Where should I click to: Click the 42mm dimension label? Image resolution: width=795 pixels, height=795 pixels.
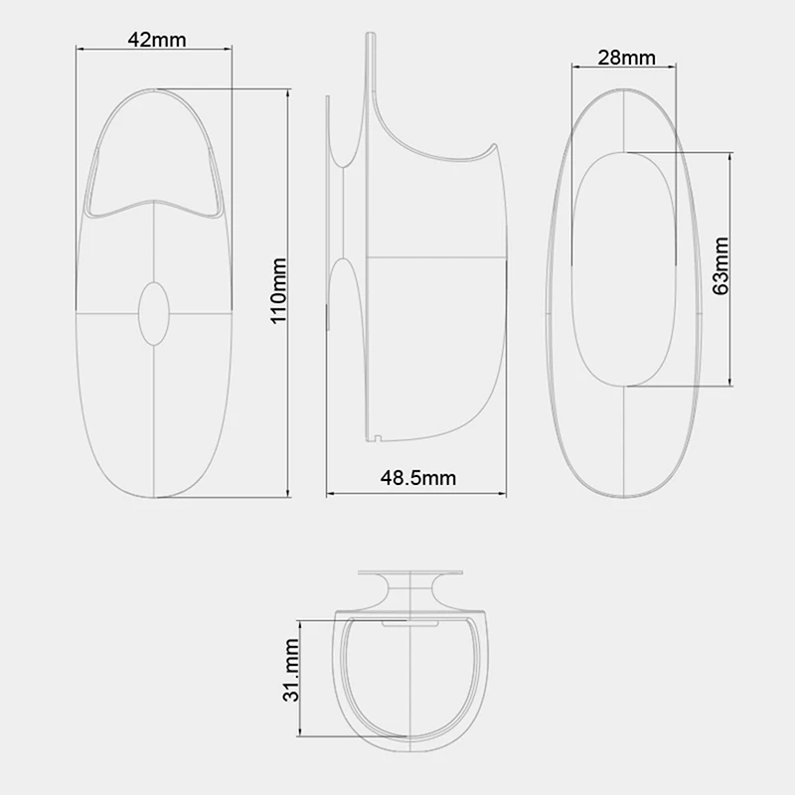coord(157,40)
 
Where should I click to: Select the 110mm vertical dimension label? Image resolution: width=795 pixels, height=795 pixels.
coord(278,290)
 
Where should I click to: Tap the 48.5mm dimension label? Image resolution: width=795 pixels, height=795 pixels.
coord(417,478)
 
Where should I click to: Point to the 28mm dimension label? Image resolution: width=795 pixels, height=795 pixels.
coord(626,58)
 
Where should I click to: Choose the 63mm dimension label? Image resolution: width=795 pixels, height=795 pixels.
coord(720,265)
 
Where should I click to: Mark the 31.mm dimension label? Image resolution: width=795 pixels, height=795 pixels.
coord(291,670)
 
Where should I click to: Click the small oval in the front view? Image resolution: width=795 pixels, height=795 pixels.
coord(154,314)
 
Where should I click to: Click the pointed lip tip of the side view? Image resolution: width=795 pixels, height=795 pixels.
coord(494,144)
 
